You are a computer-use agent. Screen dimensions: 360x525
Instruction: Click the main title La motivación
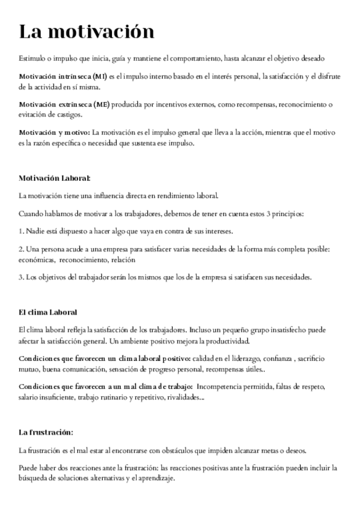click(86, 32)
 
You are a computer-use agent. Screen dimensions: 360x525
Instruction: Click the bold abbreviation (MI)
click(99, 77)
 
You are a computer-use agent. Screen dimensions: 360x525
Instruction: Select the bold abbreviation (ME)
click(101, 105)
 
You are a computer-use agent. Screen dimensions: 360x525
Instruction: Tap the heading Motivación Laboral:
click(54, 178)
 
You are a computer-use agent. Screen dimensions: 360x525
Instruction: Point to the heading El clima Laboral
click(48, 312)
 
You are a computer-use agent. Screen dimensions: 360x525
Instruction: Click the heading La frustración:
click(46, 432)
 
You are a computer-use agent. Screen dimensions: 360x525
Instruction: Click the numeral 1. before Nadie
click(22, 231)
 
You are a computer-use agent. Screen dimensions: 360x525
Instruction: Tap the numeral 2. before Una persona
click(22, 249)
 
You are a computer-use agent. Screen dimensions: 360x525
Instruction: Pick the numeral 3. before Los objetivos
click(22, 277)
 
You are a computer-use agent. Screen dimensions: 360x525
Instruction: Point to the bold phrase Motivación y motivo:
click(54, 132)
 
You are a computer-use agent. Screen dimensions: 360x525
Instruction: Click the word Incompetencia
click(224, 387)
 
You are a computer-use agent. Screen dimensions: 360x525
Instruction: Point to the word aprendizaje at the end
click(157, 479)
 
